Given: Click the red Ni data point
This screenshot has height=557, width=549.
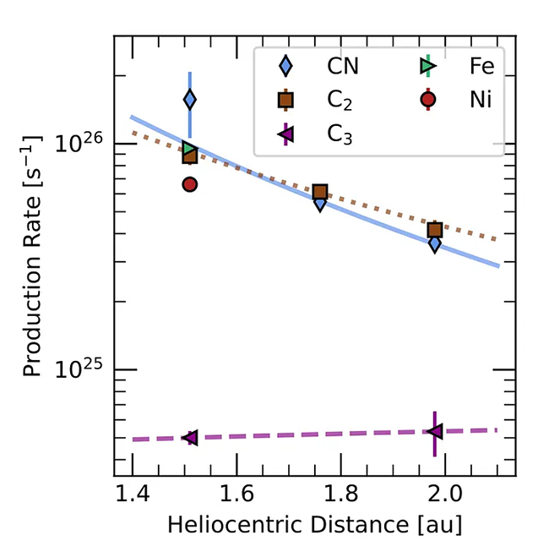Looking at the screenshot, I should click(190, 184).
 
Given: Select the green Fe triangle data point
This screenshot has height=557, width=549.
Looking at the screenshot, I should click(190, 150).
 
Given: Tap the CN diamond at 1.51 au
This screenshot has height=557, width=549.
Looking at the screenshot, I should click(190, 100).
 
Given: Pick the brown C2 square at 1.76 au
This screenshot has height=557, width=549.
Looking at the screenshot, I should click(320, 193).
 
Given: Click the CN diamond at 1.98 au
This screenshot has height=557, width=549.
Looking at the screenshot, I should click(435, 243).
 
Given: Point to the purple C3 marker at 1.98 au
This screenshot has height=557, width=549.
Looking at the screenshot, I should click(434, 432).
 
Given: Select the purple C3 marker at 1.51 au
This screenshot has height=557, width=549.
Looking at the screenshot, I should click(190, 438).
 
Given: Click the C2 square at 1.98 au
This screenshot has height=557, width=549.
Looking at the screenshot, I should click(435, 230).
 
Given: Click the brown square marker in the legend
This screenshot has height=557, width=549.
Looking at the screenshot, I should click(285, 101).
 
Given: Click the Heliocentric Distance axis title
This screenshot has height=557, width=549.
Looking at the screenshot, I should click(314, 525).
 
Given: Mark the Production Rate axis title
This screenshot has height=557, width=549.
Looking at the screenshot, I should click(34, 254).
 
